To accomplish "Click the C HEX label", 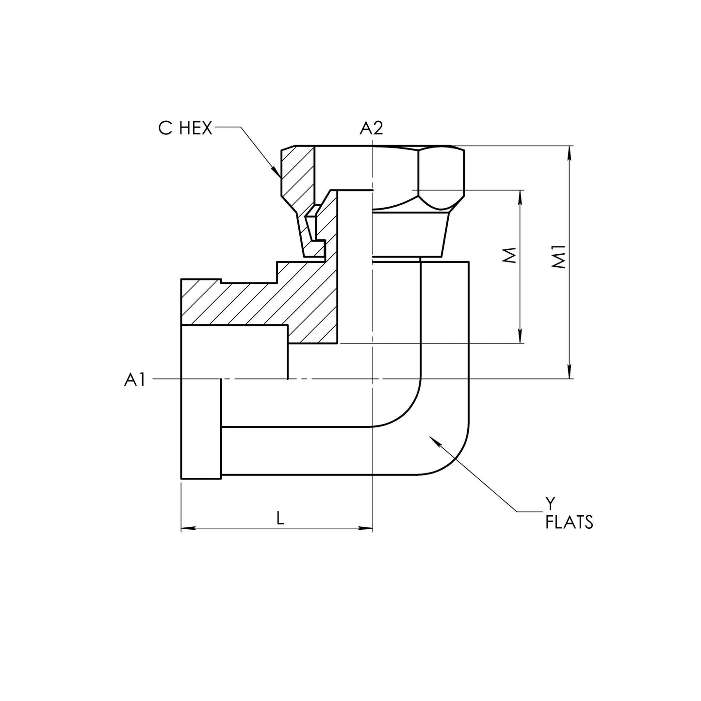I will [185, 129].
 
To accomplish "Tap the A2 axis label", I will [371, 128].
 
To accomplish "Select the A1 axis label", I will [134, 380].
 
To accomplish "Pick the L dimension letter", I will [280, 519].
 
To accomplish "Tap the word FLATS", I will [569, 522].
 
